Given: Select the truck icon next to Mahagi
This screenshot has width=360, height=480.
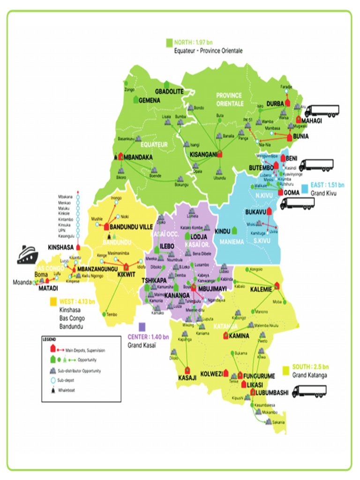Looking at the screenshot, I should [x=322, y=111].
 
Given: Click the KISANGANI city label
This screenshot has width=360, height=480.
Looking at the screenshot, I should [x=202, y=154].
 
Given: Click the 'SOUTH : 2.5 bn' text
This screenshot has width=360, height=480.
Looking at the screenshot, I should [x=310, y=366].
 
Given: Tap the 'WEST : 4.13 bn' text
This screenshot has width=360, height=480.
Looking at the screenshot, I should [x=77, y=301].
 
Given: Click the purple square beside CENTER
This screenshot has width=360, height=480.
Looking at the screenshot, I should [x=142, y=327].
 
